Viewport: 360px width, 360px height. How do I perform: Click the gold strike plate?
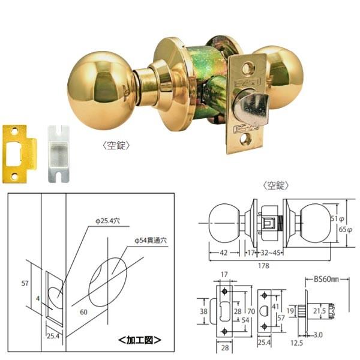coord(18,153)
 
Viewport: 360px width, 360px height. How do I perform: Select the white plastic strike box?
coord(59,152)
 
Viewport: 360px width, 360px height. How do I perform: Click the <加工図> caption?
coord(140,340)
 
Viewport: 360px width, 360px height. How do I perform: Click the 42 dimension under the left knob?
coord(223,253)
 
